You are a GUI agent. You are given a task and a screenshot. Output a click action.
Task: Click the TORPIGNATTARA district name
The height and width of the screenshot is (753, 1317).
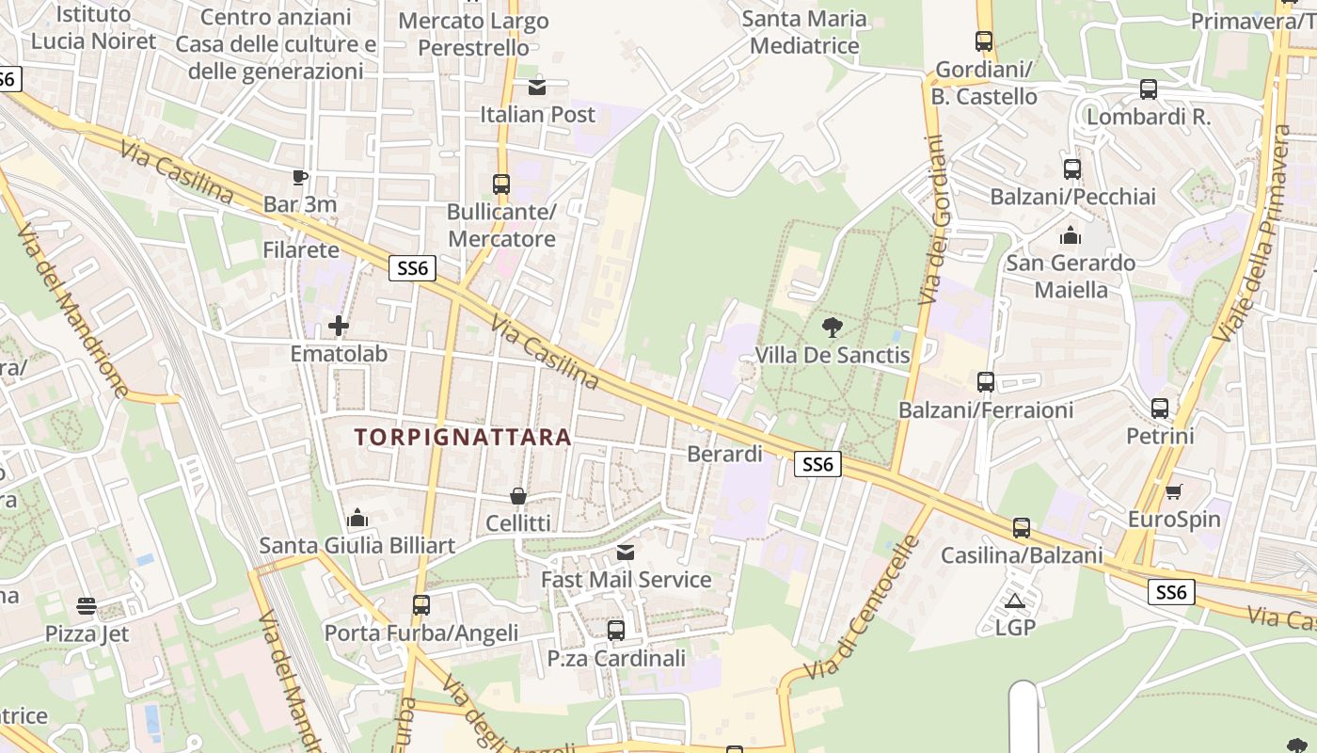pyautogui.click(x=463, y=437)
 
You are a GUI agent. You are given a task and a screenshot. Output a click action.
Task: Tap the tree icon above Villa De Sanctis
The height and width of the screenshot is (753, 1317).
pyautogui.click(x=832, y=328)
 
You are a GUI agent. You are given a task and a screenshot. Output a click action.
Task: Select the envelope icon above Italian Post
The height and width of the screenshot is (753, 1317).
pyautogui.click(x=537, y=88)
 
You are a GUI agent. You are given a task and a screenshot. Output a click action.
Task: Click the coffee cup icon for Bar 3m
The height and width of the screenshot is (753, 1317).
pyautogui.click(x=300, y=177)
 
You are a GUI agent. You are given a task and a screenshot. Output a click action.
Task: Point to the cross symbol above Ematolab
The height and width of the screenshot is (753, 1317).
pyautogui.click(x=339, y=327)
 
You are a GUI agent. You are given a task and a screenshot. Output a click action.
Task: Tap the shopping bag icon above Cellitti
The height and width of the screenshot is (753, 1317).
pyautogui.click(x=517, y=495)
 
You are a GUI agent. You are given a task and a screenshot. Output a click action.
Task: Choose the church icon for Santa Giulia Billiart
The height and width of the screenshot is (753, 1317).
pyautogui.click(x=357, y=519)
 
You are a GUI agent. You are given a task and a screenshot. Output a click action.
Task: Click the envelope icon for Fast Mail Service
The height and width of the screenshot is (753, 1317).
pyautogui.click(x=626, y=553)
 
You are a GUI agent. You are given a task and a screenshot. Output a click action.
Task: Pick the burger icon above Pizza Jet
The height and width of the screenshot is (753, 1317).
pyautogui.click(x=87, y=606)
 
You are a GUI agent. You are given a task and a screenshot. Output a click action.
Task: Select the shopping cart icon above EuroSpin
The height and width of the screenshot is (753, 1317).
pyautogui.click(x=1173, y=491)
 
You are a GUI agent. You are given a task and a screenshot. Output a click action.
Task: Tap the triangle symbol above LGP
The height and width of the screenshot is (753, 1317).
pyautogui.click(x=1014, y=601)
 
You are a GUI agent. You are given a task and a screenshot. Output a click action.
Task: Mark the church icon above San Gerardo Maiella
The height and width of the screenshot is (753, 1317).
pyautogui.click(x=1071, y=235)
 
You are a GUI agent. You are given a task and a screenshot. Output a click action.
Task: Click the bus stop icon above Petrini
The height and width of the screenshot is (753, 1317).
pyautogui.click(x=1160, y=409)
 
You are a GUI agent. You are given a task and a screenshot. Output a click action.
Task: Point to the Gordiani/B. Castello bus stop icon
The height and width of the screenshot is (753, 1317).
pyautogui.click(x=984, y=41)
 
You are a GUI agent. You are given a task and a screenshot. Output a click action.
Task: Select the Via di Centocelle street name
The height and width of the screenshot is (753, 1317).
pyautogui.click(x=863, y=609)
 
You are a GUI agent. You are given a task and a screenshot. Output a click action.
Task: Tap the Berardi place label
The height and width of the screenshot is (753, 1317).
pyautogui.click(x=724, y=454)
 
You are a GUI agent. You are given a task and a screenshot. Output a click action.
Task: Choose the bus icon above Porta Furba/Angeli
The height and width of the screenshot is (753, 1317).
pyautogui.click(x=421, y=605)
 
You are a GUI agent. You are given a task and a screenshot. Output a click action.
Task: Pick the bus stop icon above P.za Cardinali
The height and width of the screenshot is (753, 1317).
pyautogui.click(x=616, y=630)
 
